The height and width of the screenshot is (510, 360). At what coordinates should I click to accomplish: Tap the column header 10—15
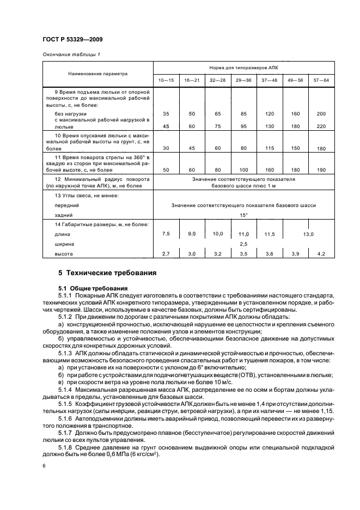[165, 80]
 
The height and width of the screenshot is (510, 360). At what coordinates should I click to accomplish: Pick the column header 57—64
[321, 80]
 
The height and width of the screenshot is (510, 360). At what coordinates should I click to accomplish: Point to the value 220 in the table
[321, 126]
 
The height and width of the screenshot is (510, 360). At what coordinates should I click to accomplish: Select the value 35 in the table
[166, 113]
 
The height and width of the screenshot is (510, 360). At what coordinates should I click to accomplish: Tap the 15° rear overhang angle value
[243, 215]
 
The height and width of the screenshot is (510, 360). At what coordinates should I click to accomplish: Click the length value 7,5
[166, 233]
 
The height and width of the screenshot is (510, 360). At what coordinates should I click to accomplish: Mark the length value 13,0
[308, 234]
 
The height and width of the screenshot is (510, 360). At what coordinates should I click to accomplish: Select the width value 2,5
[243, 244]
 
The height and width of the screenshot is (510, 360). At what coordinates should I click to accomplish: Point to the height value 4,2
[321, 254]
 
